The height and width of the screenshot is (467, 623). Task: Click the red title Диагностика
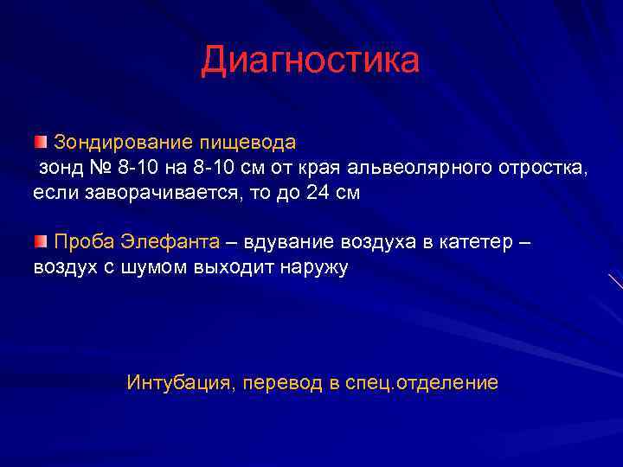coord(311,61)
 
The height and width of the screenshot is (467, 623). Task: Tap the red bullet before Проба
coord(42,240)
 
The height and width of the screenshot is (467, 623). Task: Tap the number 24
coord(318,193)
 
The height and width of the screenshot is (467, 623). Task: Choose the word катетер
coord(474,240)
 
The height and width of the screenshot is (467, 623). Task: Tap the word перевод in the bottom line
coord(282,382)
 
